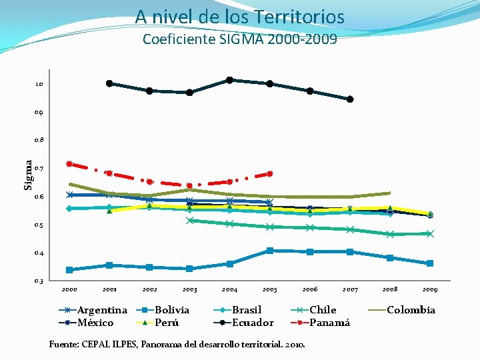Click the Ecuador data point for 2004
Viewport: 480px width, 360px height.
229,80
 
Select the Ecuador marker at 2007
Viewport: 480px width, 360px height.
350,99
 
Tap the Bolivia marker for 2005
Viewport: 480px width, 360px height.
269,251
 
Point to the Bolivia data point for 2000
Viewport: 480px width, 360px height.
69,270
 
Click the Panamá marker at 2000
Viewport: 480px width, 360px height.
69,164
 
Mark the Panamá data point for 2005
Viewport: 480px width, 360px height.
269,174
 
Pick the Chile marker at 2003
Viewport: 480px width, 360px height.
190,221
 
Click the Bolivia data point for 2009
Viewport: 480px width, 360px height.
430,263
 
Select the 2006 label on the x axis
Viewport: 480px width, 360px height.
310,289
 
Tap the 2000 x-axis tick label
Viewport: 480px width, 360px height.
69,289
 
